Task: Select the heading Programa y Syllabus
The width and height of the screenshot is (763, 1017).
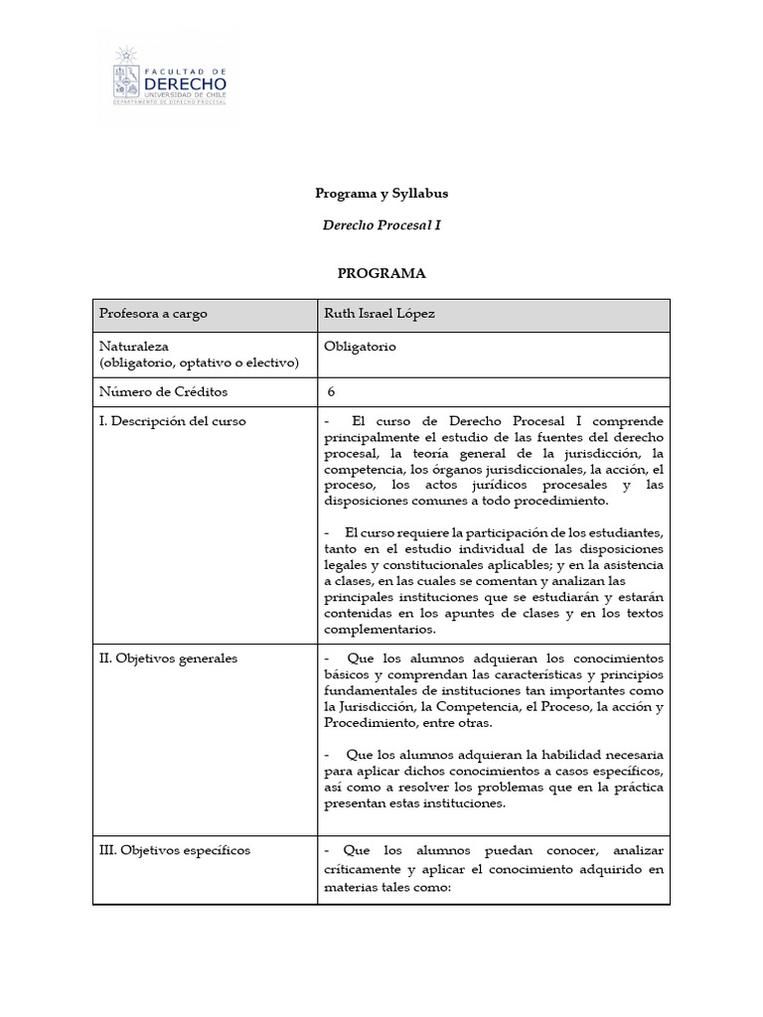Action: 381,194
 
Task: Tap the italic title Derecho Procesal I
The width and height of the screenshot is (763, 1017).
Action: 381,225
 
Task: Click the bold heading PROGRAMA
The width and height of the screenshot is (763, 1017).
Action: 381,273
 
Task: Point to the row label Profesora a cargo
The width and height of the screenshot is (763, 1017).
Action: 153,314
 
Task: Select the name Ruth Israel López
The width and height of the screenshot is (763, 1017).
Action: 380,314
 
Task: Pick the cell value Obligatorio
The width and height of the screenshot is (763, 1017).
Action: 360,347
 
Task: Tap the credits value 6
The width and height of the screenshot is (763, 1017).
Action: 331,392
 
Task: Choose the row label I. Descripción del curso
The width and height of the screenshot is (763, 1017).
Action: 172,421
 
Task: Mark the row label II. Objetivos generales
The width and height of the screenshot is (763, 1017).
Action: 168,658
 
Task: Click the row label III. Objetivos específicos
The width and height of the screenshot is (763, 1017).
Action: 174,851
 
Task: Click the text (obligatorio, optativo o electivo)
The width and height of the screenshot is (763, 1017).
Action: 199,363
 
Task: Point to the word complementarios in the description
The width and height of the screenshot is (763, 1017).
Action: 380,630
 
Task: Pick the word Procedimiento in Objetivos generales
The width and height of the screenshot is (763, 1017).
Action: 372,722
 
